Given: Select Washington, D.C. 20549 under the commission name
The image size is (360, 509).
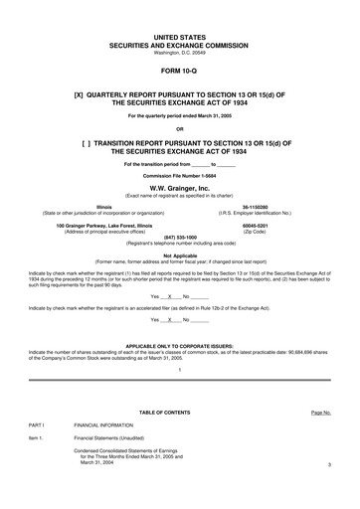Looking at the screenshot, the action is tap(179, 52).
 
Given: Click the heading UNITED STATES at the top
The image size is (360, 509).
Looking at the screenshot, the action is tap(179, 36).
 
